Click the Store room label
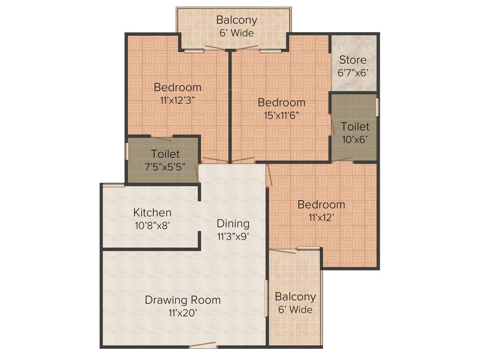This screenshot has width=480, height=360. click(352, 60)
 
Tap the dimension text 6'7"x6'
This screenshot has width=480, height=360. click(352, 73)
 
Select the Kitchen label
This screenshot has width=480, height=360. click(152, 213)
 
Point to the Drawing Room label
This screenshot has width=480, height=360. click(182, 300)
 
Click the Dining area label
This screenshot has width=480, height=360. click(232, 224)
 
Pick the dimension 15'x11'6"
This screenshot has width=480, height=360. click(281, 115)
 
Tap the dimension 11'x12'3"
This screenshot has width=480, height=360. click(177, 99)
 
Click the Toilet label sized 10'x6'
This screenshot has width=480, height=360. click(355, 127)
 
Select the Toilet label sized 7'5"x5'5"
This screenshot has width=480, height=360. click(165, 154)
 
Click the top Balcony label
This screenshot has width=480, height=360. click(237, 20)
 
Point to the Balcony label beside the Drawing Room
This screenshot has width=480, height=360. click(295, 297)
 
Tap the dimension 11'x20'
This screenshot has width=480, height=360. click(182, 313)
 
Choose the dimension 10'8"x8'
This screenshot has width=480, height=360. click(152, 225)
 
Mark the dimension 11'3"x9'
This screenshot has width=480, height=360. click(232, 236)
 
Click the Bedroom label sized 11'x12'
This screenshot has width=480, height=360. click(321, 205)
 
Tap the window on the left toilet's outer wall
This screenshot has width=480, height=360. click(127, 152)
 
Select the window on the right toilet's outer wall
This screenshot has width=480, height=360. click(378, 107)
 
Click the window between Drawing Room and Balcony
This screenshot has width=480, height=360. click(266, 298)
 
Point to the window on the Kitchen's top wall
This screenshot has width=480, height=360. click(113, 185)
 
